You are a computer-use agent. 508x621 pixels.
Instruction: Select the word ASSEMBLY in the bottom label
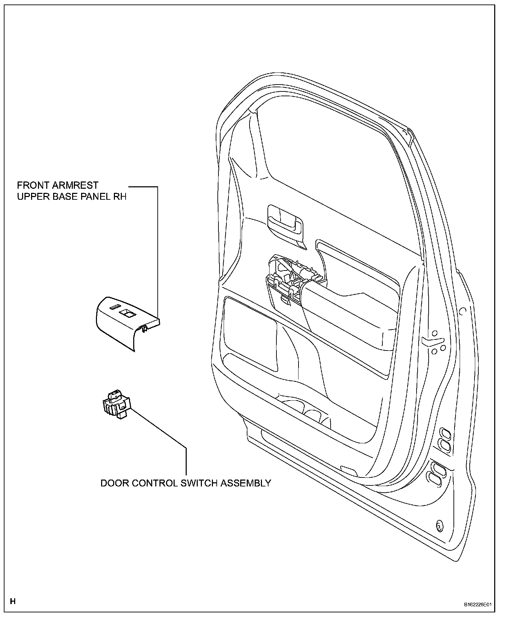(x=246, y=483)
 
